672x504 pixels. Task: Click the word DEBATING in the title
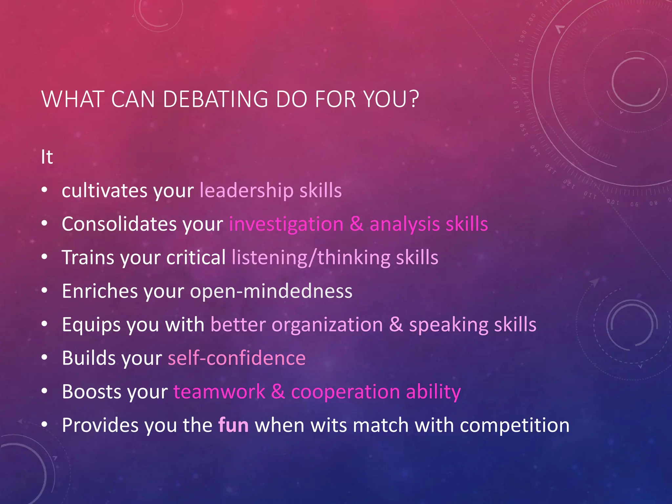pyautogui.click(x=215, y=99)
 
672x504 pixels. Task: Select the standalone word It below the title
pyautogui.click(x=47, y=157)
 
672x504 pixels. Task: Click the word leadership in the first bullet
pyautogui.click(x=246, y=191)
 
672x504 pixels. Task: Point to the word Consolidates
pyautogui.click(x=119, y=224)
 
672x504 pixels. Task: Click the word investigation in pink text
pyautogui.click(x=286, y=225)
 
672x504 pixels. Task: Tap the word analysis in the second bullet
pyautogui.click(x=405, y=225)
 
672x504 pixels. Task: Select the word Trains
pyautogui.click(x=88, y=258)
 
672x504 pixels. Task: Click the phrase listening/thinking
pyautogui.click(x=311, y=258)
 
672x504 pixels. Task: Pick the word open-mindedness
pyautogui.click(x=271, y=291)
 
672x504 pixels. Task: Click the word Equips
pyautogui.click(x=91, y=325)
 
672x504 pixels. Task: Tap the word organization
pyautogui.click(x=327, y=325)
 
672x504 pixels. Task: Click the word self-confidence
pyautogui.click(x=237, y=358)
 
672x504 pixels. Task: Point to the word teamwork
pyautogui.click(x=219, y=392)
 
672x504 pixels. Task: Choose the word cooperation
pyautogui.click(x=346, y=392)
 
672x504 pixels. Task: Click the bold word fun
pyautogui.click(x=233, y=425)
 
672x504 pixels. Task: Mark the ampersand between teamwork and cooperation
pyautogui.click(x=278, y=392)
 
